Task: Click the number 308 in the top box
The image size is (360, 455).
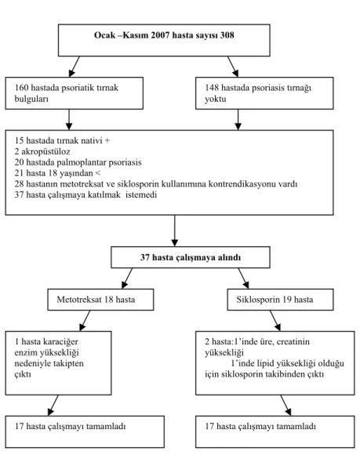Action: tap(227, 35)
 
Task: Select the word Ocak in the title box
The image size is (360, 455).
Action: tap(104, 35)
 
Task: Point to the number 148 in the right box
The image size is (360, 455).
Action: tap(212, 88)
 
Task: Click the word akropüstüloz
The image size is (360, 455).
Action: tap(45, 151)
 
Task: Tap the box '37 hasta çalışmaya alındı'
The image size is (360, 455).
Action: tap(191, 257)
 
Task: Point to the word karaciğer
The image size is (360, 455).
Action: tap(60, 342)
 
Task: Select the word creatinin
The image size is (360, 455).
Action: tap(293, 342)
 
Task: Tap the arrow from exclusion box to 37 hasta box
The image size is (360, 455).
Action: tap(175, 231)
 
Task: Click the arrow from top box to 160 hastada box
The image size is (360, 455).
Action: tap(74, 67)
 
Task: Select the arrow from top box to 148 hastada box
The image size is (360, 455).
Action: tap(233, 67)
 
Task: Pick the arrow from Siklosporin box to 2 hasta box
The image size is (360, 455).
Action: tap(275, 321)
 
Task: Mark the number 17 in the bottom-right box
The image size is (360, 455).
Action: tap(209, 427)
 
